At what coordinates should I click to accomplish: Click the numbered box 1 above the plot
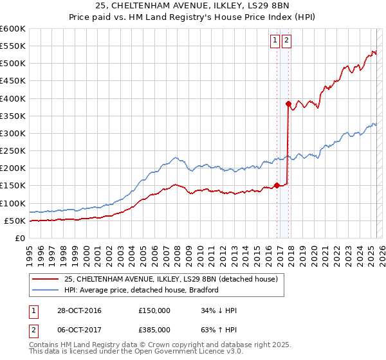(x=275, y=40)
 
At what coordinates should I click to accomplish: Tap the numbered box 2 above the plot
(x=286, y=40)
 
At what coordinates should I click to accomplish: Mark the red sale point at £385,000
(x=288, y=104)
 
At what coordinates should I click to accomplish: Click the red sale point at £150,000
(x=277, y=185)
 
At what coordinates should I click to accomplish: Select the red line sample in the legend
(x=46, y=279)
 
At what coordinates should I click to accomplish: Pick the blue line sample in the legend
(x=46, y=290)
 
